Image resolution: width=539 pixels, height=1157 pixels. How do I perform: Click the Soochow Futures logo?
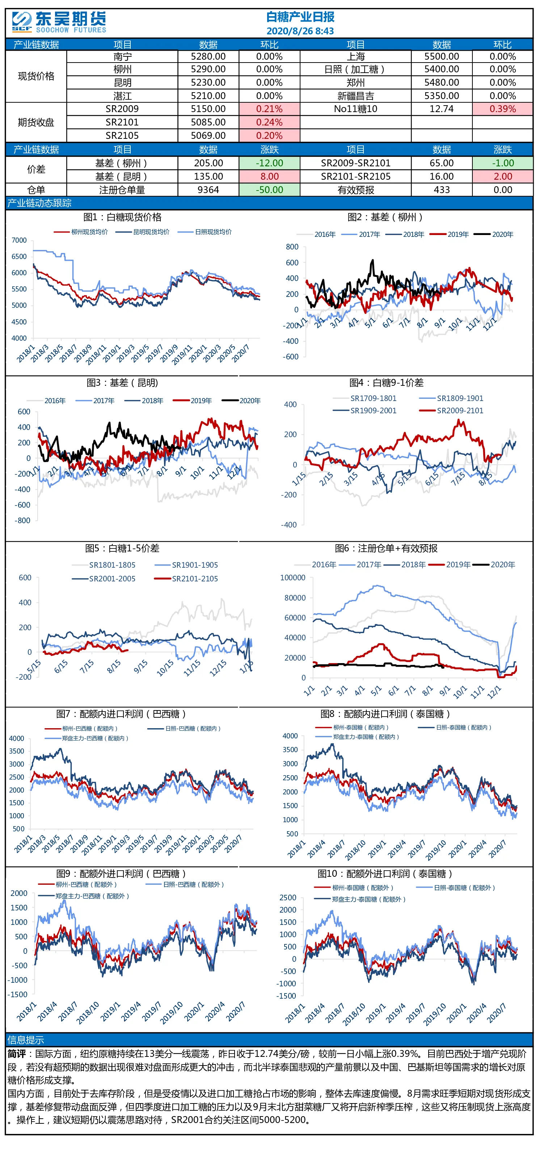coord(59,22)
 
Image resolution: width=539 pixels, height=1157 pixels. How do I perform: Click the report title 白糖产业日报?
coord(300,17)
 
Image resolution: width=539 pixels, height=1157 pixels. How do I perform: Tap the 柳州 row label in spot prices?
coord(122,69)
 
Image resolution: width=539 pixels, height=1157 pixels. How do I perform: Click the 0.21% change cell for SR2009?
coord(269,109)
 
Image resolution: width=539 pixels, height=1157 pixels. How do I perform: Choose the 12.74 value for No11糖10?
coord(442,109)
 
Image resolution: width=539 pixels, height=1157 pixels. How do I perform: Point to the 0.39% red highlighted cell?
coord(502,109)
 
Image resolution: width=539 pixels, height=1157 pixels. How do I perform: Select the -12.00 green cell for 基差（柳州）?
coord(269,163)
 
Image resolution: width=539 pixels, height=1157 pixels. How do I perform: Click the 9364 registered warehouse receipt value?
coord(208,190)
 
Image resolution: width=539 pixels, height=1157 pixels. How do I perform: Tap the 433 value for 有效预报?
coord(442,190)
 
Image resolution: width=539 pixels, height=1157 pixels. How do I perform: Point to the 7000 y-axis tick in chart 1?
coord(19,240)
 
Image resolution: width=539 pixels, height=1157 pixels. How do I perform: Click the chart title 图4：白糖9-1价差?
coord(386,383)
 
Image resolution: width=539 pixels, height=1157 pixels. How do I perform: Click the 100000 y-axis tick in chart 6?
coord(292,578)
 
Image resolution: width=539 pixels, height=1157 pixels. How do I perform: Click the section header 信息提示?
coord(26,1040)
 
